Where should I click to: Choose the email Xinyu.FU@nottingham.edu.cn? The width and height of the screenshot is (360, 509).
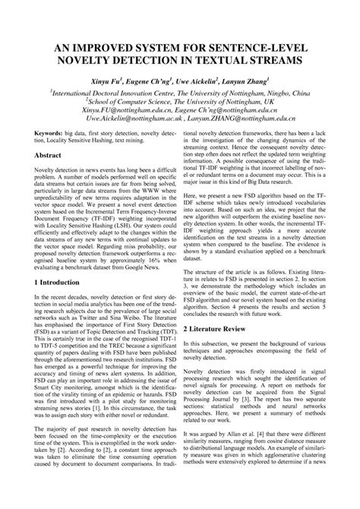click(x=128, y=109)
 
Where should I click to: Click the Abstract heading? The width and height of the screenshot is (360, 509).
click(x=50, y=154)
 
